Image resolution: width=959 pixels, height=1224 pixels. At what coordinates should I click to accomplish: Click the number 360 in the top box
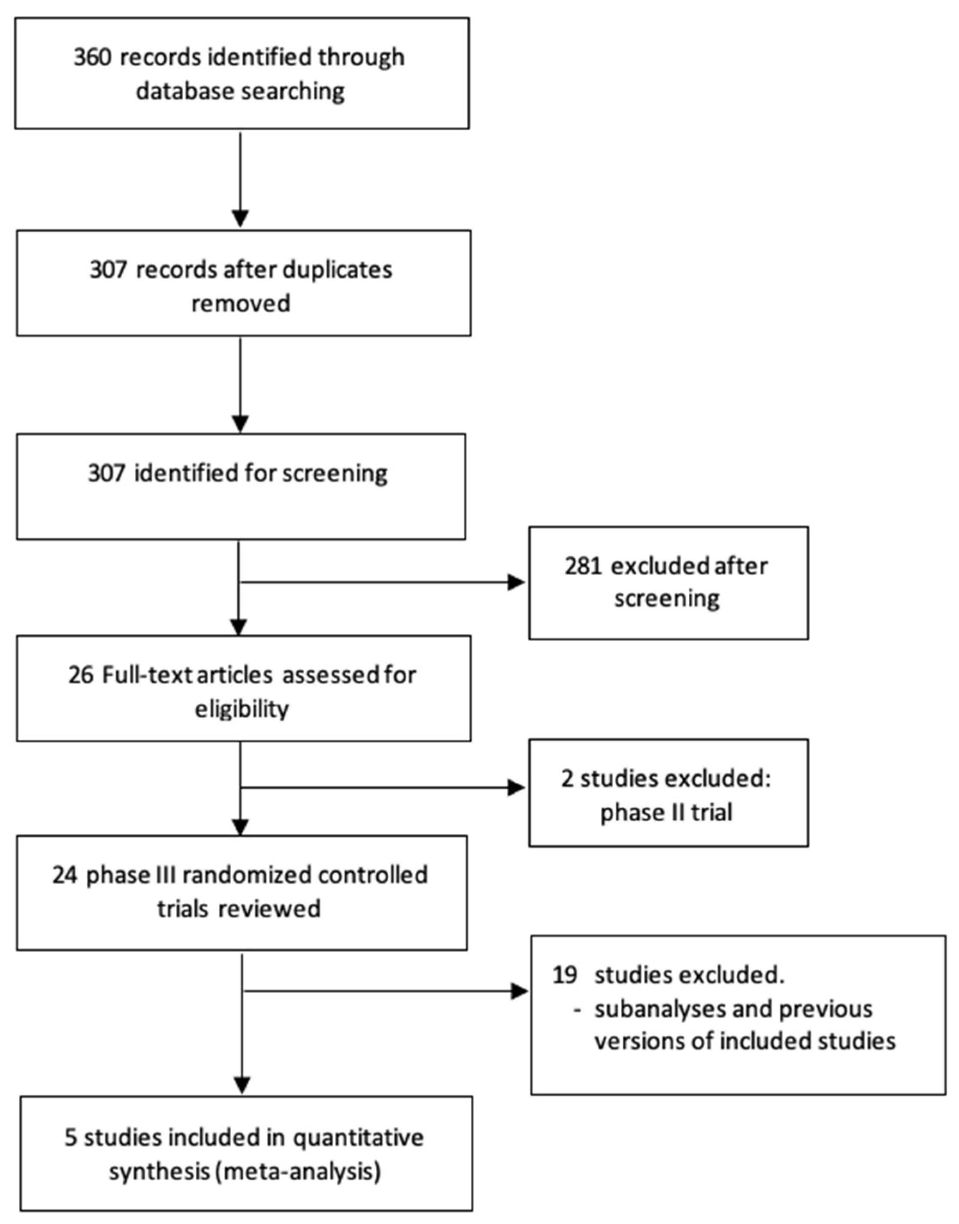[x=93, y=57]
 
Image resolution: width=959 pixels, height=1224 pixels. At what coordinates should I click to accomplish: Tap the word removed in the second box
[x=241, y=304]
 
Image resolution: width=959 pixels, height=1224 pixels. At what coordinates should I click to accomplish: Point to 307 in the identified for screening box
[x=107, y=473]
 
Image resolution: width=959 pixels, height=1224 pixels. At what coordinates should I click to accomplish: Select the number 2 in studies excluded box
[x=567, y=779]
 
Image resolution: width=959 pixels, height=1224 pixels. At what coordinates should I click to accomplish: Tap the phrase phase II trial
[x=666, y=813]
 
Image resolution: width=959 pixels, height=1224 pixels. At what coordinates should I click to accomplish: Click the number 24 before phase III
[x=65, y=875]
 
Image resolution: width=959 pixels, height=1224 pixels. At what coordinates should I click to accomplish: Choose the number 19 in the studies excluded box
[x=565, y=975]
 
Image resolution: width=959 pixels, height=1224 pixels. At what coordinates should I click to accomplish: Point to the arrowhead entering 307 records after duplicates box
[x=240, y=219]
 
